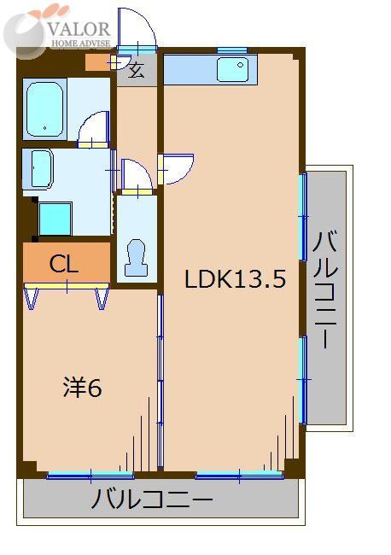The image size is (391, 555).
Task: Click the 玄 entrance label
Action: click(x=137, y=71)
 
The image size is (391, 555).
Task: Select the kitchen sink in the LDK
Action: click(x=231, y=67)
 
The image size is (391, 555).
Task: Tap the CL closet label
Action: click(x=64, y=264)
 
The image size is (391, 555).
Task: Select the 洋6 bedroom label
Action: click(x=82, y=388)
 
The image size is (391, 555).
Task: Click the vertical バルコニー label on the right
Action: click(x=326, y=290)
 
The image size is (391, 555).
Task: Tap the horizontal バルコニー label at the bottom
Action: click(x=154, y=499)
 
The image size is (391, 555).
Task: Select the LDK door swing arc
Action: click(x=178, y=168)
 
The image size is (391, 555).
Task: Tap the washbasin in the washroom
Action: click(x=40, y=168)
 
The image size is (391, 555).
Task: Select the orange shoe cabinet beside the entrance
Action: click(x=97, y=63)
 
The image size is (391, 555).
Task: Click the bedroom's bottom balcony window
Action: click(x=90, y=475)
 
